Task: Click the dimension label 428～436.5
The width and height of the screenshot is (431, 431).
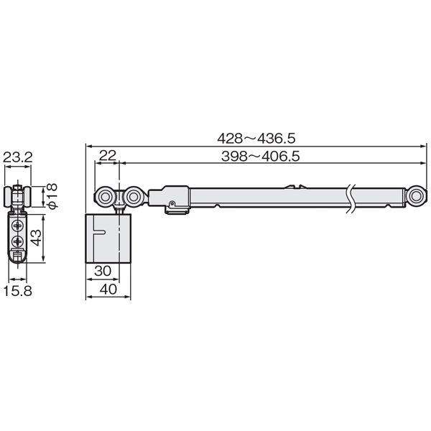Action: (256, 138)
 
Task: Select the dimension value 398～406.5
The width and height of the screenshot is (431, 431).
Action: (260, 156)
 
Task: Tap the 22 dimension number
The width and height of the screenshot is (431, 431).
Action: (108, 156)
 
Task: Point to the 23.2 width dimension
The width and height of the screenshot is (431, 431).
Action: (17, 157)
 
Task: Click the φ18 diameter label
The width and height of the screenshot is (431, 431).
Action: (52, 195)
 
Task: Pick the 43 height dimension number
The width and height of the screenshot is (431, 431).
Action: (37, 238)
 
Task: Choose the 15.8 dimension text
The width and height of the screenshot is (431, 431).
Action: (17, 291)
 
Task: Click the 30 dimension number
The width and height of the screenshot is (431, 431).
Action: (103, 271)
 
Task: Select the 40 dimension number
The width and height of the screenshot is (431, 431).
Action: (108, 289)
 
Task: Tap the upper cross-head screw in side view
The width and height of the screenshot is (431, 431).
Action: (18, 226)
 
